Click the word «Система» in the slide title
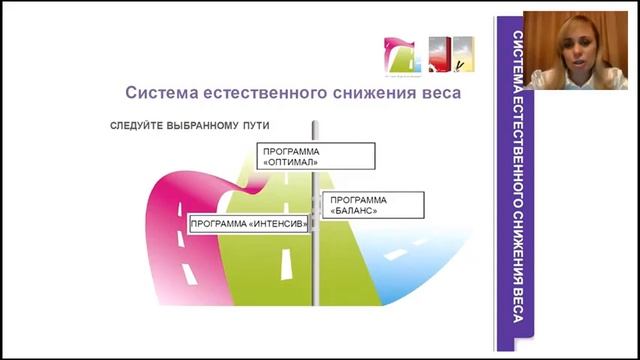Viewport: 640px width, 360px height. click(x=159, y=93)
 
